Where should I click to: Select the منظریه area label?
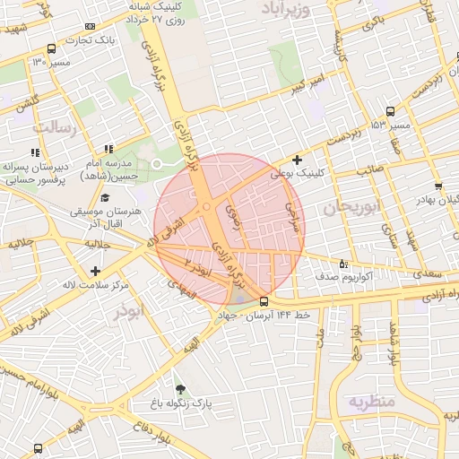tap(371, 401)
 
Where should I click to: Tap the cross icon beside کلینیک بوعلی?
tap(298, 160)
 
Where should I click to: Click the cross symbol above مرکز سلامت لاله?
tap(96, 270)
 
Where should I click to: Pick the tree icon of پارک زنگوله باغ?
tap(181, 389)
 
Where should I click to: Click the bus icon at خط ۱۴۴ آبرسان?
tap(263, 302)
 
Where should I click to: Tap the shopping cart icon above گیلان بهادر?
tap(437, 186)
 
